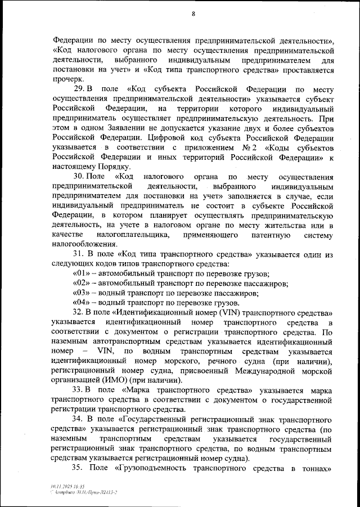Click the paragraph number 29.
[79, 89]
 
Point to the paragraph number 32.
[79, 312]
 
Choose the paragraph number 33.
[79, 389]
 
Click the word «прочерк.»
[67, 80]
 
